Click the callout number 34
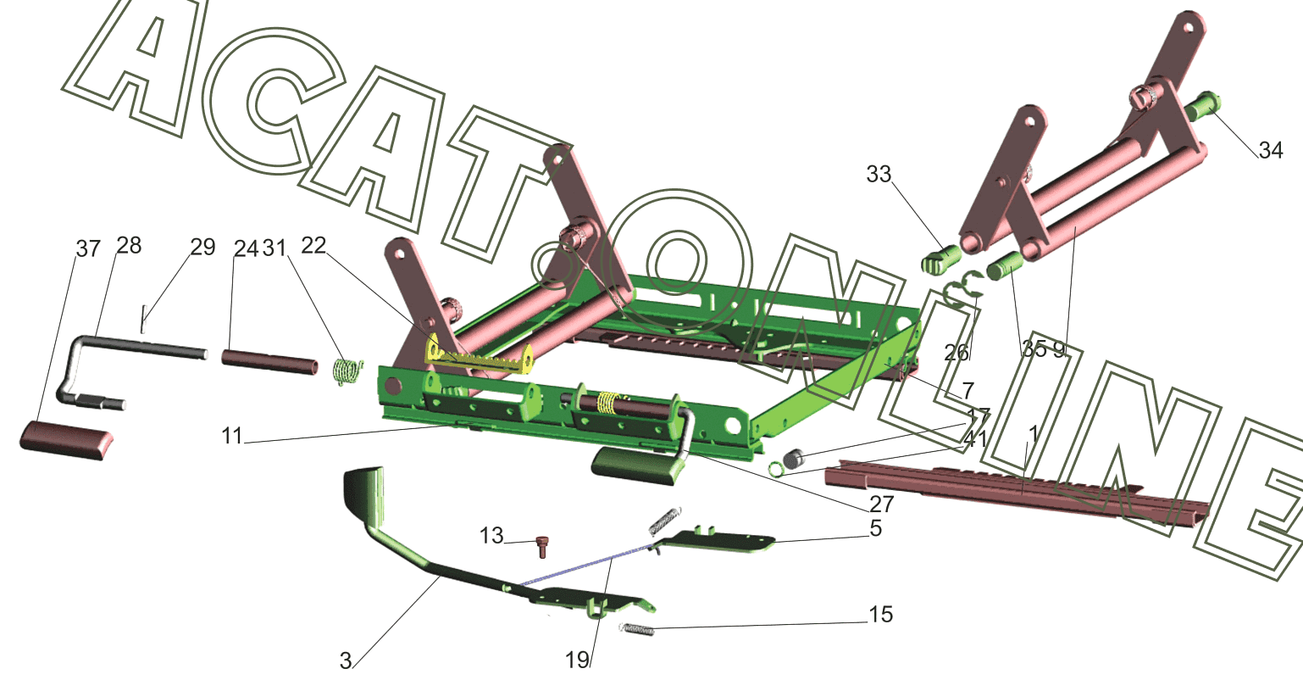(x=1271, y=150)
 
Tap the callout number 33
(x=879, y=174)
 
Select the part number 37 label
(x=88, y=248)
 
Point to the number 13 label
(x=491, y=536)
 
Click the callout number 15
(x=881, y=614)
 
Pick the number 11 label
(x=231, y=436)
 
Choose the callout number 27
(x=882, y=504)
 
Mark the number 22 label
(x=313, y=246)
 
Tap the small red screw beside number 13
(x=542, y=547)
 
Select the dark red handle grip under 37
(x=66, y=441)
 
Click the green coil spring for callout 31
(x=348, y=371)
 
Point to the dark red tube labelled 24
(x=270, y=361)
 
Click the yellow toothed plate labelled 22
(x=480, y=356)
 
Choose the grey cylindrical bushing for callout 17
(x=794, y=460)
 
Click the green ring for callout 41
(x=775, y=468)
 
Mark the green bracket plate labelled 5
(x=717, y=540)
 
